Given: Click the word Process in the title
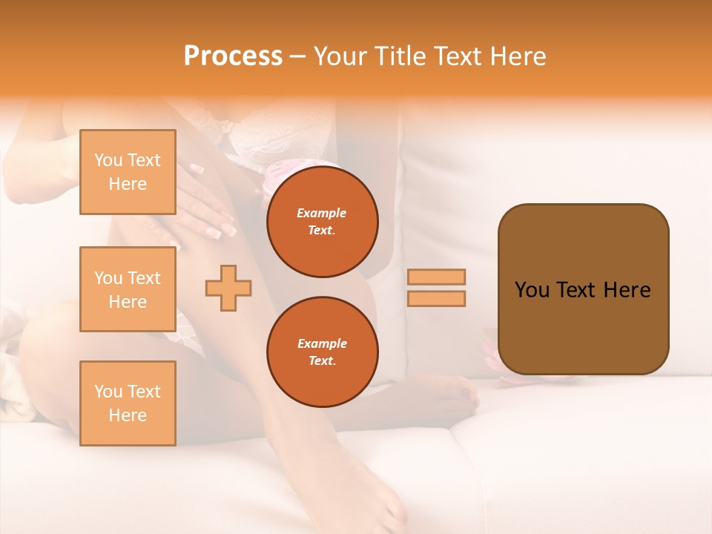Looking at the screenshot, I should pyautogui.click(x=233, y=56).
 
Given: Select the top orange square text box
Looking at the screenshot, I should pyautogui.click(x=128, y=172).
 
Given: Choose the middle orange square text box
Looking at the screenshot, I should pyautogui.click(x=128, y=289).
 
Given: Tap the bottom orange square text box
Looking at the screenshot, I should pyautogui.click(x=128, y=403).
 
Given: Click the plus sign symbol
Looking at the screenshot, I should pyautogui.click(x=228, y=289).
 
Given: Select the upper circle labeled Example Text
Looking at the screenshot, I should pyautogui.click(x=322, y=222).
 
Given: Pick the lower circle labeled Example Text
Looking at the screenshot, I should pyautogui.click(x=322, y=352).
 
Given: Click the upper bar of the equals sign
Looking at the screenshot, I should pyautogui.click(x=436, y=277).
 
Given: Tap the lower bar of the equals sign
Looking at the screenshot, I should pyautogui.click(x=436, y=298).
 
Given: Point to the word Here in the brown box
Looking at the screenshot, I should pyautogui.click(x=627, y=290).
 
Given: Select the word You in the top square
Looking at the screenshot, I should pyautogui.click(x=108, y=160).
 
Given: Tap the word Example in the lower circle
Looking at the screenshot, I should pyautogui.click(x=322, y=343).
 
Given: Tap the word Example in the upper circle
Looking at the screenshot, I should pyautogui.click(x=322, y=213).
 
